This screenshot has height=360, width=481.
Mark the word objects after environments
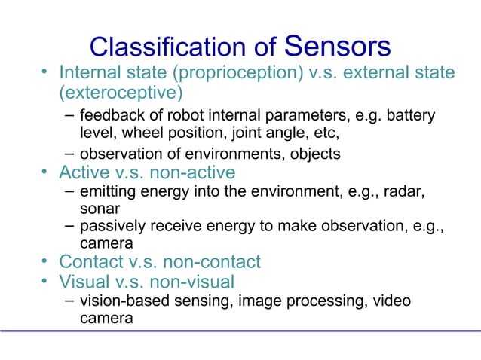click(314, 154)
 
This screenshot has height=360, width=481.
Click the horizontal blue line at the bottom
click(240, 330)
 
